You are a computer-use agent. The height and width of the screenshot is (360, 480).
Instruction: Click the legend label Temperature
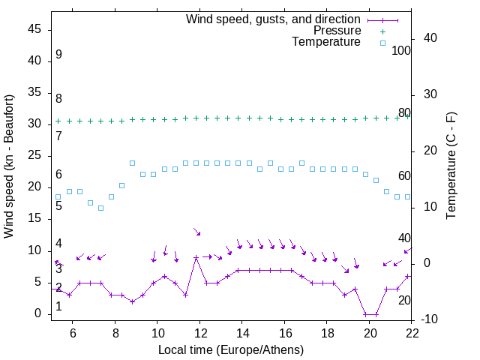pyautogui.click(x=326, y=42)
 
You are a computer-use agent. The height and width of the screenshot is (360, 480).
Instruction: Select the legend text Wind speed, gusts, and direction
pyautogui.click(x=273, y=19)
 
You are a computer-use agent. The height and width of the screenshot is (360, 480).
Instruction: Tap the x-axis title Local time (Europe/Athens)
pyautogui.click(x=231, y=349)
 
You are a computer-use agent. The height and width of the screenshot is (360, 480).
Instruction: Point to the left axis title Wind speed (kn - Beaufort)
pyautogui.click(x=9, y=166)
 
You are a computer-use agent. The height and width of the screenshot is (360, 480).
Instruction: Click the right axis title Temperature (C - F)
pyautogui.click(x=451, y=166)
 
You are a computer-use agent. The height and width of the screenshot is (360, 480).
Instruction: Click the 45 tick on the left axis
pyautogui.click(x=33, y=29)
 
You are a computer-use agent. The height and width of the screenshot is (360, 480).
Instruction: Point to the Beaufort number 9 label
pyautogui.click(x=58, y=55)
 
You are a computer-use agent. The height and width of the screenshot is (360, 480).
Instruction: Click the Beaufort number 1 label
pyautogui.click(x=58, y=307)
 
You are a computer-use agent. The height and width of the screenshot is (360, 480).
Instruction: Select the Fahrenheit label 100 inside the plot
pyautogui.click(x=401, y=51)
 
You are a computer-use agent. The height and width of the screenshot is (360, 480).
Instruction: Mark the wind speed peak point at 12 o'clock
pyautogui.click(x=196, y=258)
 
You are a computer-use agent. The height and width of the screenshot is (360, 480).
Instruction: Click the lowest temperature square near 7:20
pyautogui.click(x=100, y=208)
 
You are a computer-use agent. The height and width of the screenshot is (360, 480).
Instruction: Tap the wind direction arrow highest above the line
pyautogui.click(x=197, y=232)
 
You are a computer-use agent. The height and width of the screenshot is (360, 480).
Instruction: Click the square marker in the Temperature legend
pyautogui.click(x=382, y=43)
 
